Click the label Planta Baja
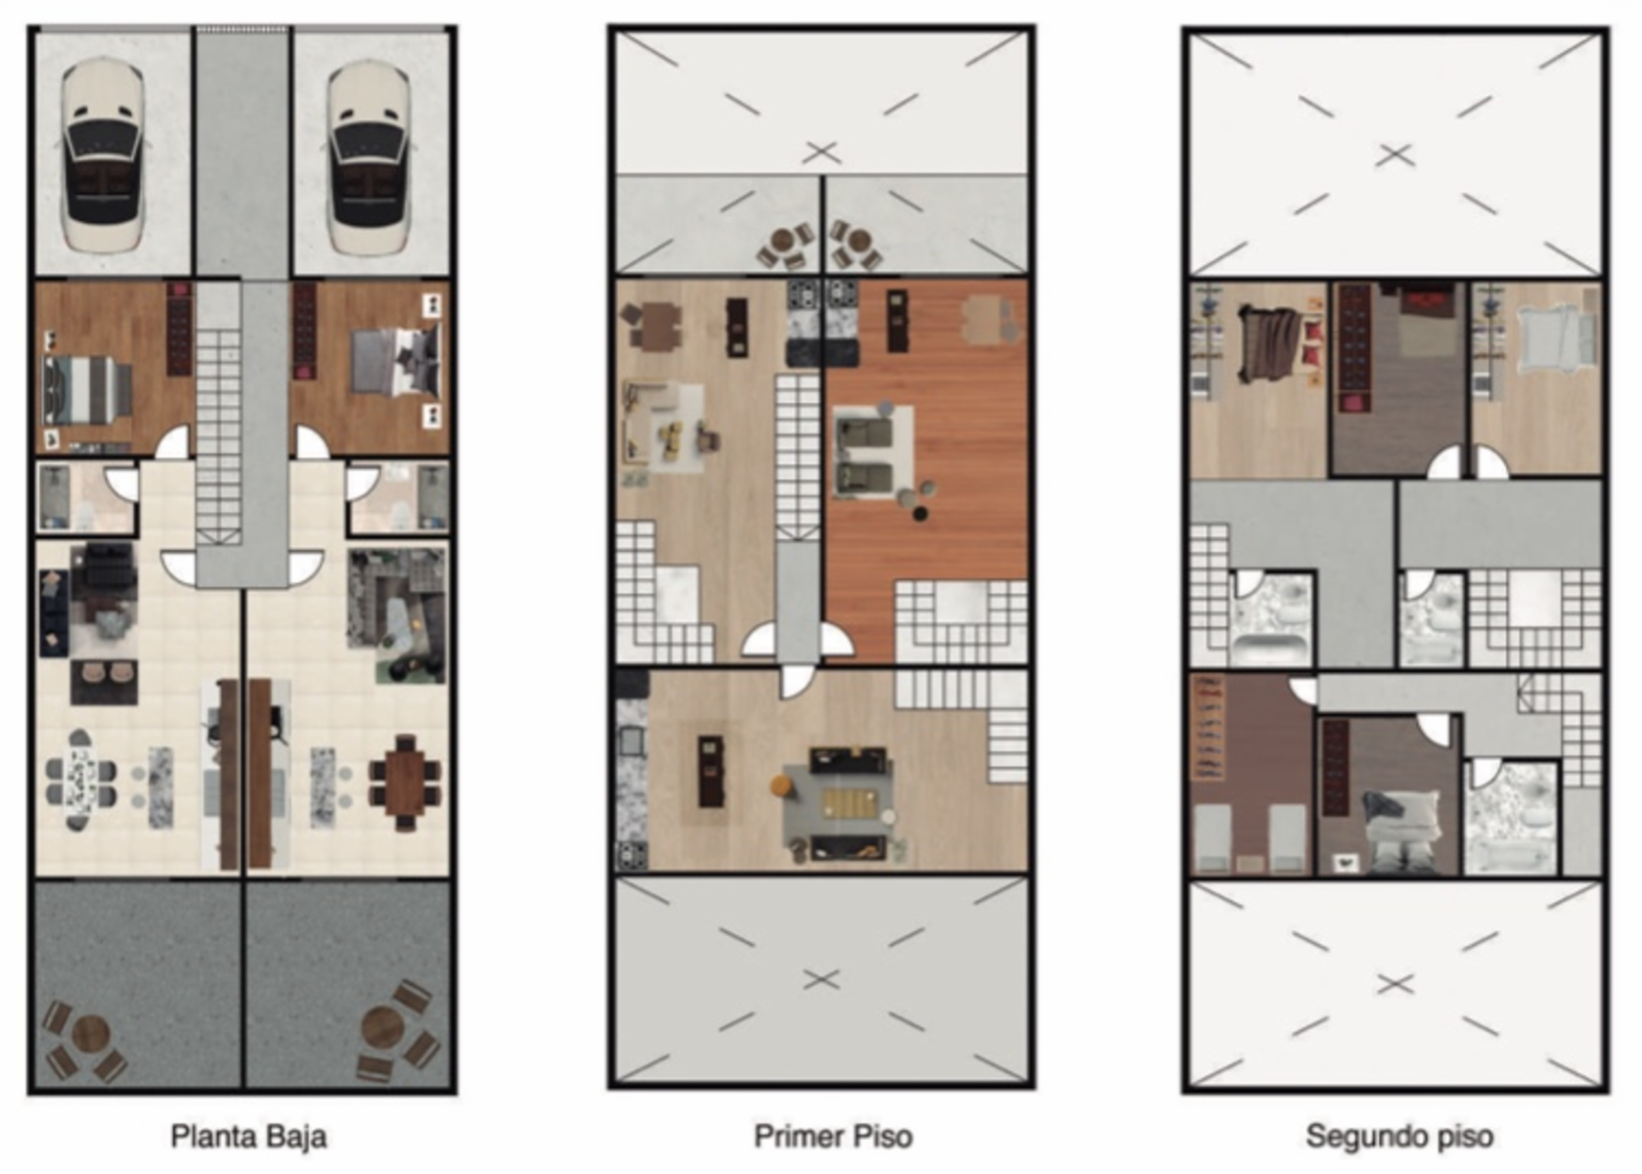248,1137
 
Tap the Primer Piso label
833,1137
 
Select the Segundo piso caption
1399,1137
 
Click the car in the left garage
103,157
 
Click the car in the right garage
368,157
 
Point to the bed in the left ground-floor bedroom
86,389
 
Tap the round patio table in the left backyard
91,1035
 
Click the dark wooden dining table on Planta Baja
405,783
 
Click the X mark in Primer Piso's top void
821,154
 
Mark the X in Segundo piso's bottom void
1395,984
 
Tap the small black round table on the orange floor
920,514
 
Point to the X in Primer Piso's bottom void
821,979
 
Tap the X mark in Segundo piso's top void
1395,156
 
